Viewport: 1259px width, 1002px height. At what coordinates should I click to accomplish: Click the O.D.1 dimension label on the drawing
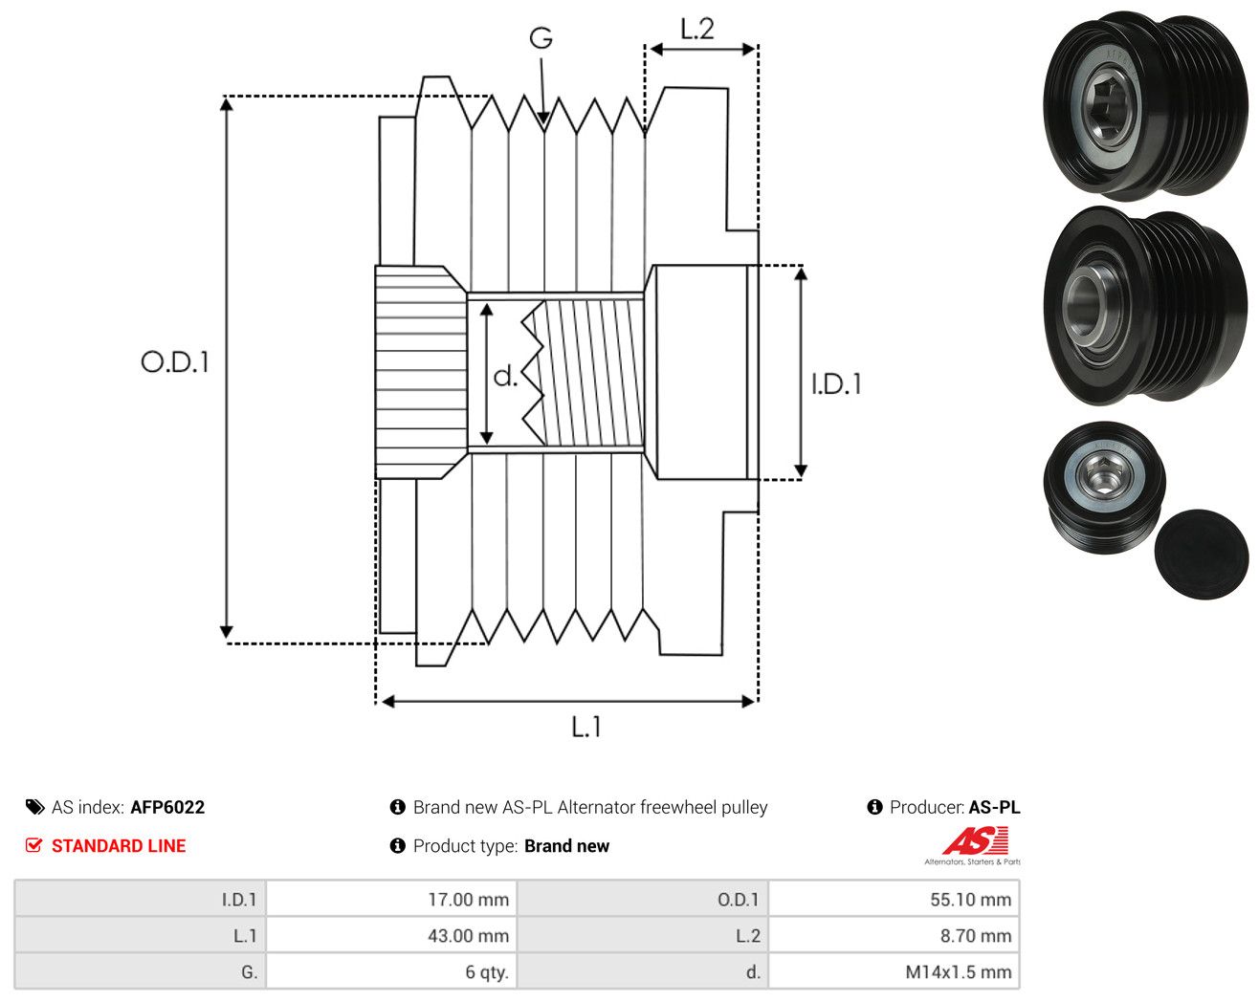pyautogui.click(x=175, y=361)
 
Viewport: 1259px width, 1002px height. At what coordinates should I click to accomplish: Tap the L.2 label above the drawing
pyautogui.click(x=697, y=29)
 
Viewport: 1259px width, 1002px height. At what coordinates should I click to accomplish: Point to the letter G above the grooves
pyautogui.click(x=541, y=38)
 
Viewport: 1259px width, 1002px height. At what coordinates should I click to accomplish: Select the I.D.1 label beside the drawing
pyautogui.click(x=836, y=384)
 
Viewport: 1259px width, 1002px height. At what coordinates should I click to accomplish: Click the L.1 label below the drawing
pyautogui.click(x=586, y=727)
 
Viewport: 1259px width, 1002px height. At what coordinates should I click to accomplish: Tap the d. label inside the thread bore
pyautogui.click(x=505, y=376)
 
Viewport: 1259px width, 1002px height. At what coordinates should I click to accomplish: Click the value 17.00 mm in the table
pyautogui.click(x=468, y=899)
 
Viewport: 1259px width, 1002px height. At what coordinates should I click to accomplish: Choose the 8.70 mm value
pyautogui.click(x=976, y=935)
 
